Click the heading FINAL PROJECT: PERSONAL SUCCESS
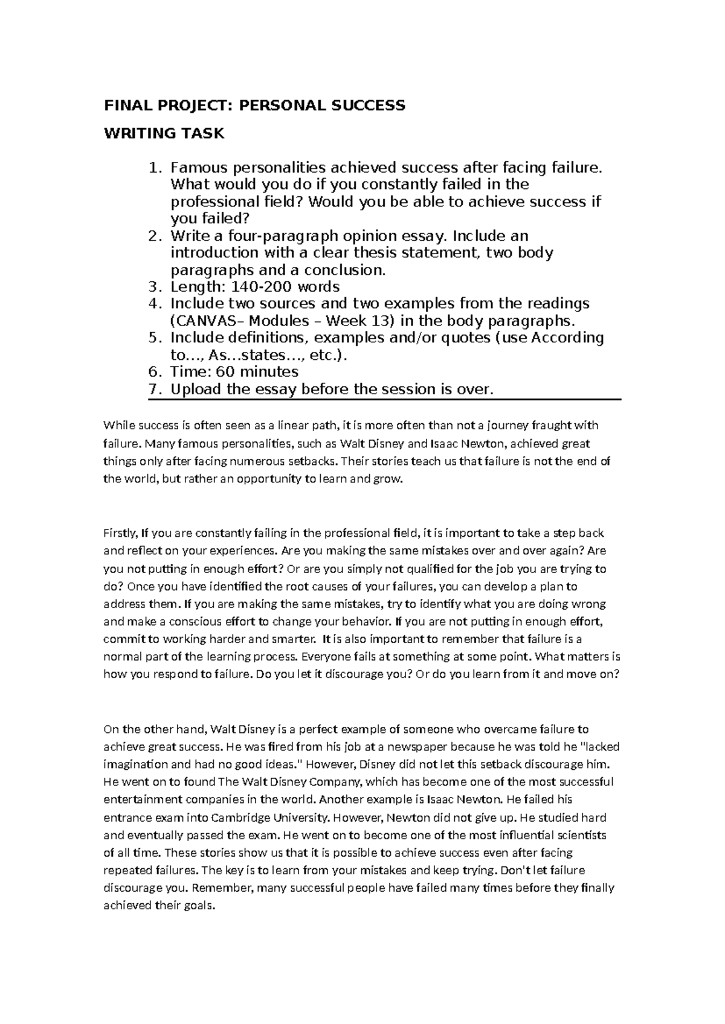click(254, 106)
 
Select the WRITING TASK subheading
click(164, 133)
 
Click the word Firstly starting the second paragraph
click(121, 534)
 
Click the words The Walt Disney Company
click(289, 782)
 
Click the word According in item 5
click(567, 338)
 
